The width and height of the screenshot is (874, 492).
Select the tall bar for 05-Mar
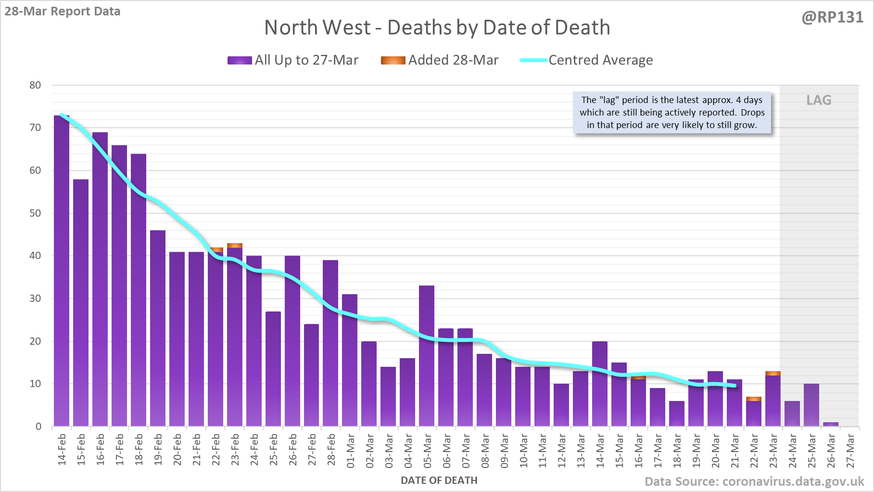tap(427, 356)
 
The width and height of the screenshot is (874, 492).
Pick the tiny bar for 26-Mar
tap(831, 424)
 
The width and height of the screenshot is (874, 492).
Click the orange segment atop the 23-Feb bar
tap(235, 246)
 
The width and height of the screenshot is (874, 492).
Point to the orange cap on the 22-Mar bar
tap(754, 399)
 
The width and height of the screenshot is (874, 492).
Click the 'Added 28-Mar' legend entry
tap(440, 60)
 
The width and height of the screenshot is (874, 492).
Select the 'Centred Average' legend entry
tap(586, 60)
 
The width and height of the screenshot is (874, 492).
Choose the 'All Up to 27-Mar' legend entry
tap(293, 60)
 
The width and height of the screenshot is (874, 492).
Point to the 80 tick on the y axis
tap(35, 85)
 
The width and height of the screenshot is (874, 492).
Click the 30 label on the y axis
tap(35, 298)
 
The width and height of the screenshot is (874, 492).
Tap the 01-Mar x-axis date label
tap(350, 451)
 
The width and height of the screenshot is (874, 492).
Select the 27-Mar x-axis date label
tap(850, 451)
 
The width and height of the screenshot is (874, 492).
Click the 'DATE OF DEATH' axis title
tap(439, 480)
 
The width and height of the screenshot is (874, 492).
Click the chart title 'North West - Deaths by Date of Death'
tap(437, 27)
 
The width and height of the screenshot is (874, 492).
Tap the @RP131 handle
tap(833, 17)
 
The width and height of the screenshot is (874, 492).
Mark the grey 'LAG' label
tap(819, 100)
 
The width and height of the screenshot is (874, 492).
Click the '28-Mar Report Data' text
tap(63, 11)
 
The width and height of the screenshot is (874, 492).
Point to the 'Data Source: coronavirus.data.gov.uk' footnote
tap(754, 481)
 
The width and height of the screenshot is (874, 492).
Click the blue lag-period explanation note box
tap(671, 113)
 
